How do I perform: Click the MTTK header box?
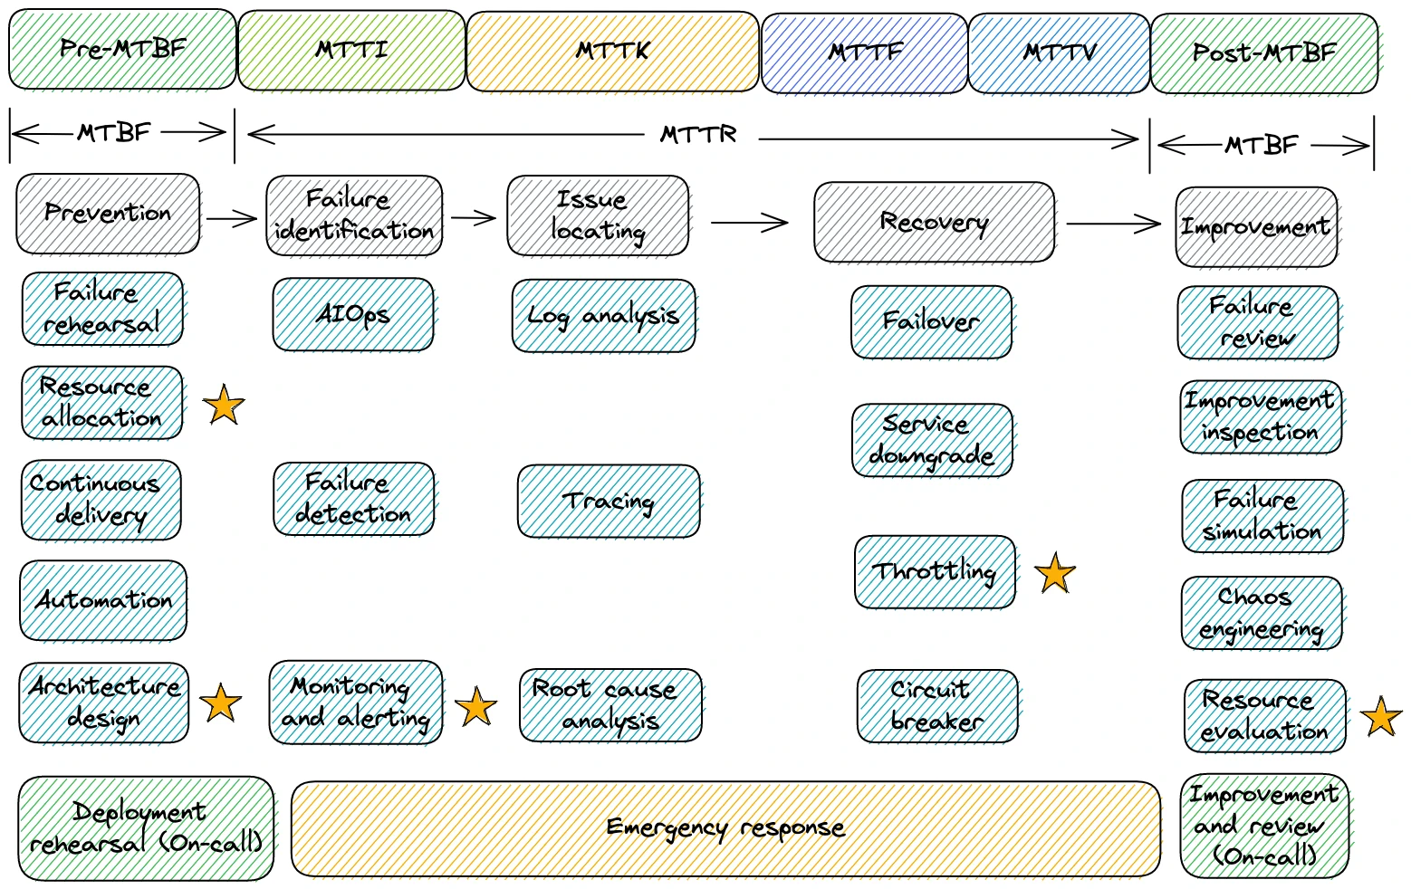(x=613, y=52)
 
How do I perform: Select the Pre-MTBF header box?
(x=122, y=49)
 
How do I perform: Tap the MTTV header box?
(x=1059, y=53)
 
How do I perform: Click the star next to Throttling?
(x=1055, y=574)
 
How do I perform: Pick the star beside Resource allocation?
(x=224, y=405)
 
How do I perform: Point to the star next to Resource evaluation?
(x=1381, y=717)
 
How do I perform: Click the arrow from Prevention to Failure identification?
(x=232, y=218)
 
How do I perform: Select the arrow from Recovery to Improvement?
(x=1113, y=224)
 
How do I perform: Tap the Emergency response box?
(x=725, y=828)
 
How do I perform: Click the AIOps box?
(x=353, y=314)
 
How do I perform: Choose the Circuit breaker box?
(x=937, y=706)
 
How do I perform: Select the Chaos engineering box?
(x=1262, y=613)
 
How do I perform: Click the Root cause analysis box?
(x=610, y=705)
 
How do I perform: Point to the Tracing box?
(x=609, y=502)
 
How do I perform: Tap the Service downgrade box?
(x=932, y=440)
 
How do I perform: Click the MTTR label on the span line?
(x=698, y=136)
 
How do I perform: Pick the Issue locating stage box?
(x=598, y=215)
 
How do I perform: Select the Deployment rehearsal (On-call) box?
(x=146, y=827)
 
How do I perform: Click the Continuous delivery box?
(x=101, y=500)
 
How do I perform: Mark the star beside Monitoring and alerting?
(x=475, y=707)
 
